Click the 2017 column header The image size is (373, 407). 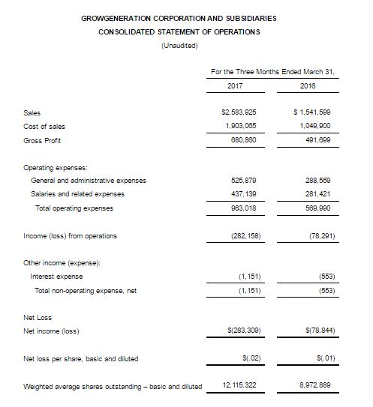(x=235, y=86)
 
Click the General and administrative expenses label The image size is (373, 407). (x=89, y=181)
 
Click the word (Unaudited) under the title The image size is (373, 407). (x=179, y=45)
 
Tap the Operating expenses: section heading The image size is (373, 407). (x=54, y=167)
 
